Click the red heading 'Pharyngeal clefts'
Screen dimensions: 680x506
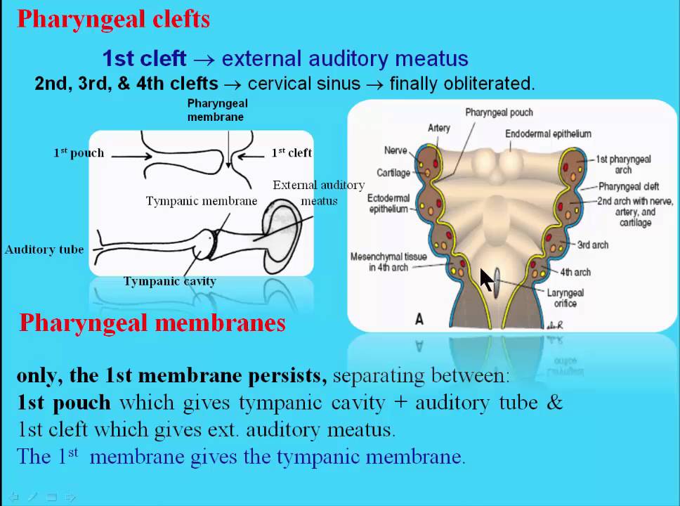pos(113,19)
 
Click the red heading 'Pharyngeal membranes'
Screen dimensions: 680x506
pos(152,323)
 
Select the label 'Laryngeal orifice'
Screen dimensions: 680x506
pos(565,298)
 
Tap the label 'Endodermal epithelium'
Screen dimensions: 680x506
pos(548,134)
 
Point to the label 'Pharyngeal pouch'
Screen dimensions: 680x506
pos(499,112)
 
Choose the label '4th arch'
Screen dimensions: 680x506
pos(575,272)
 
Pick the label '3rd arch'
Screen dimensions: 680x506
pos(592,245)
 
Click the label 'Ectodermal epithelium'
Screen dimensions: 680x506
pos(388,203)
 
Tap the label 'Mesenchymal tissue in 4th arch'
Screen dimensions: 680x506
pos(388,262)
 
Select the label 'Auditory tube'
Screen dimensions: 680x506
pos(44,249)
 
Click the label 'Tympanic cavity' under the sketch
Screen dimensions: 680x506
pos(169,281)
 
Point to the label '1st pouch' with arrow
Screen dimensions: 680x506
pos(79,153)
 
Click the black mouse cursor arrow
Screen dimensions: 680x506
pos(486,279)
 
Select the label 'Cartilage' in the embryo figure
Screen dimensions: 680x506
pos(393,173)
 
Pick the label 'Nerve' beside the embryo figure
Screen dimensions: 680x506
pos(395,150)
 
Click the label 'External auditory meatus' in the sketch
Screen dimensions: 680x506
pos(319,193)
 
